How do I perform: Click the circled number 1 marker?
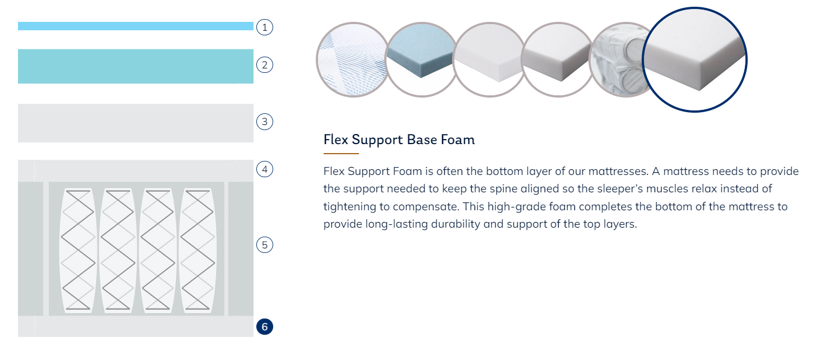tap(265, 27)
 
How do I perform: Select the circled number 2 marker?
tap(265, 65)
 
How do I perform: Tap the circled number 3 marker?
tap(265, 122)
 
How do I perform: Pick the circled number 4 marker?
tap(265, 169)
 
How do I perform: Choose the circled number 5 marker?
tap(265, 244)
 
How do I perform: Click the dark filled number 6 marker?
tap(265, 326)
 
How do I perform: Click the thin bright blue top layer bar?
tap(136, 26)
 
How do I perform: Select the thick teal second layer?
tap(136, 66)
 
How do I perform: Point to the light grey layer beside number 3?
tap(136, 123)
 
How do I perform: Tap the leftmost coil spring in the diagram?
tap(78, 250)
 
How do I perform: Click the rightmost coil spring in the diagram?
tap(197, 250)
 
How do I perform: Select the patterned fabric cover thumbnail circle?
tap(352, 59)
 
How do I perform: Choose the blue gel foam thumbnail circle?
tap(421, 59)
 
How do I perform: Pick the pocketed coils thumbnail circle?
tap(619, 59)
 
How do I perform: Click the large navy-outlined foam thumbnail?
tap(694, 59)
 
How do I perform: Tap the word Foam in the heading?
tap(458, 140)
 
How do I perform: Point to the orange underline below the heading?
tap(341, 154)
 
